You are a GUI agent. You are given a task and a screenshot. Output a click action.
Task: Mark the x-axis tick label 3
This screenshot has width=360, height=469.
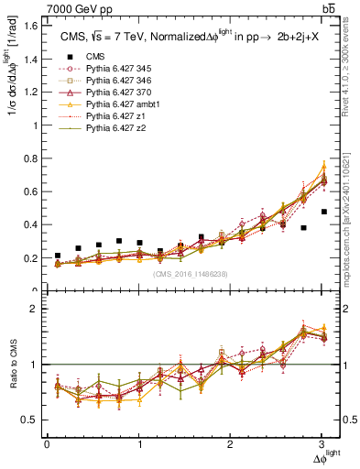click(x=322, y=444)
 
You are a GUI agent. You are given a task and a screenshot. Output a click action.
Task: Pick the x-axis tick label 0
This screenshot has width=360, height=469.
click(x=47, y=444)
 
